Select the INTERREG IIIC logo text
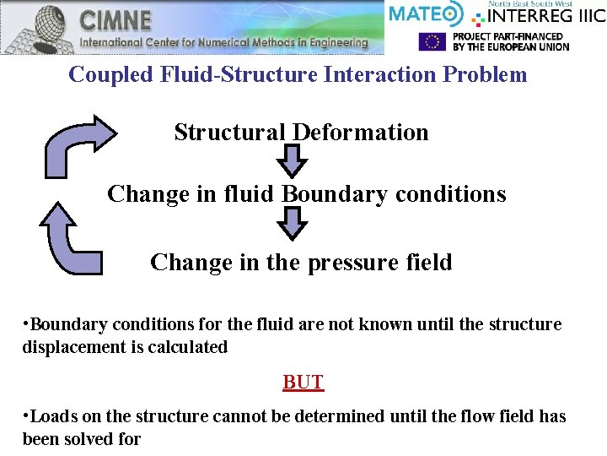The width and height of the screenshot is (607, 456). tap(540, 14)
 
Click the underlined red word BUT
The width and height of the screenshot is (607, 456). tap(303, 382)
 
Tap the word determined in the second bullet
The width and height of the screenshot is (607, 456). tap(337, 416)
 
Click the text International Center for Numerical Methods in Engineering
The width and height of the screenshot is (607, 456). tap(224, 42)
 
